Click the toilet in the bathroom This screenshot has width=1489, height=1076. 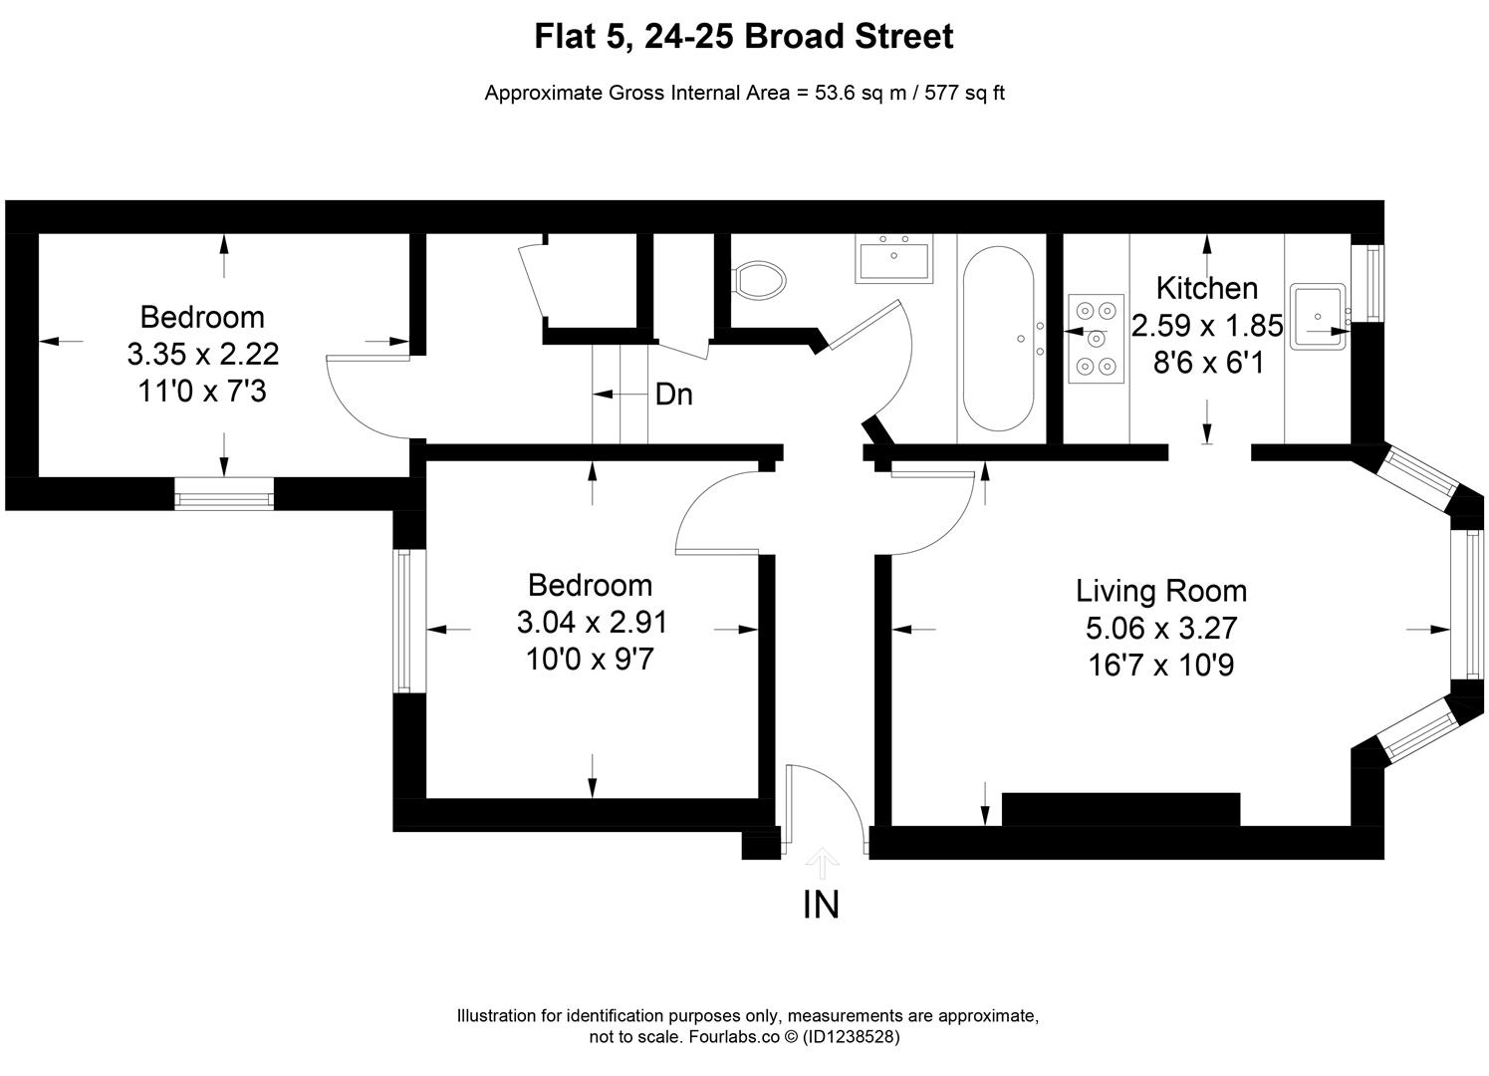click(x=759, y=280)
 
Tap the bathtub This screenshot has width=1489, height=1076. click(x=998, y=339)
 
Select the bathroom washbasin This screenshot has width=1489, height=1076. click(x=894, y=259)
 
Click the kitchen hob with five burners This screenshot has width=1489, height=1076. click(x=1097, y=339)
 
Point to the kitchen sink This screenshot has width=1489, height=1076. click(x=1318, y=317)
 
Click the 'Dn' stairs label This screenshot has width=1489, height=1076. click(x=673, y=395)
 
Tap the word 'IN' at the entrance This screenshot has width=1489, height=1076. click(x=821, y=905)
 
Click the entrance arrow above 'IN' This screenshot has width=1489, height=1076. click(x=823, y=863)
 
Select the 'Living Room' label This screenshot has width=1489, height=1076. click(x=1161, y=591)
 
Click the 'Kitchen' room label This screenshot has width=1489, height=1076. click(x=1206, y=289)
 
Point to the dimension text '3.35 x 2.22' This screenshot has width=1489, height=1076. click(x=203, y=355)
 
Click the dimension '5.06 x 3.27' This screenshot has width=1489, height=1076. click(x=1161, y=628)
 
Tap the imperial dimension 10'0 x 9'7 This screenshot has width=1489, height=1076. click(x=590, y=659)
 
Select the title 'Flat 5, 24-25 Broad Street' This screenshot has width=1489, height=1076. click(x=744, y=36)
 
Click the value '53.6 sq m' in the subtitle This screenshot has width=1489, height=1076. click(x=861, y=93)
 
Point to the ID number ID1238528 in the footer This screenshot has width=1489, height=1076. click(x=851, y=1037)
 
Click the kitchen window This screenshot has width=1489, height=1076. click(x=1375, y=283)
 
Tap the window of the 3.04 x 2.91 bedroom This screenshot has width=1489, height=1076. click(x=402, y=621)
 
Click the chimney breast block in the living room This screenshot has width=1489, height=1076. click(x=1120, y=809)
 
